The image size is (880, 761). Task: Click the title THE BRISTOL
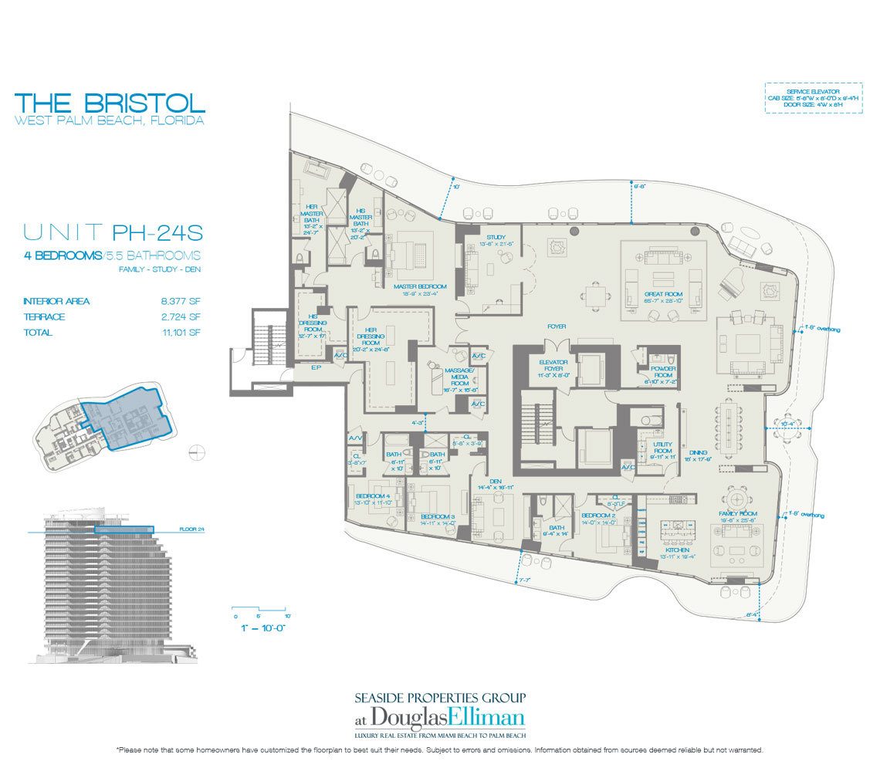(110, 103)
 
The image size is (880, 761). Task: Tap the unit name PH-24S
(158, 231)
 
